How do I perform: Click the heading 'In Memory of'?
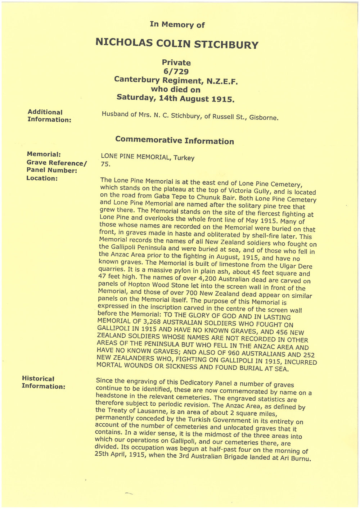pyautogui.click(x=177, y=24)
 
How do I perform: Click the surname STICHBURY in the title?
pyautogui.click(x=226, y=45)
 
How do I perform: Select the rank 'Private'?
pyautogui.click(x=176, y=63)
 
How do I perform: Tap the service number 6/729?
pyautogui.click(x=176, y=71)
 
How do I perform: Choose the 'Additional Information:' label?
pyautogui.click(x=49, y=116)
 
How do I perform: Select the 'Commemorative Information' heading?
pyautogui.click(x=174, y=141)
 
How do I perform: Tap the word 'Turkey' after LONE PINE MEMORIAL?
pyautogui.click(x=184, y=158)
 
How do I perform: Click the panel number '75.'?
pyautogui.click(x=105, y=165)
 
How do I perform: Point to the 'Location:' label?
pyautogui.click(x=42, y=178)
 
